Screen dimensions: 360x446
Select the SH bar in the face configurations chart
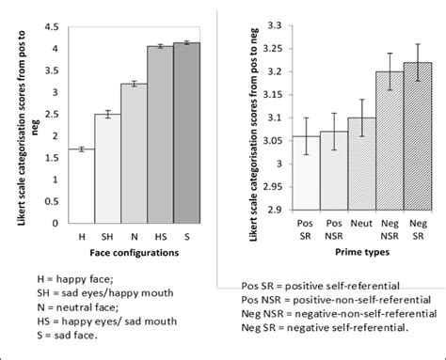pos(107,167)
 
